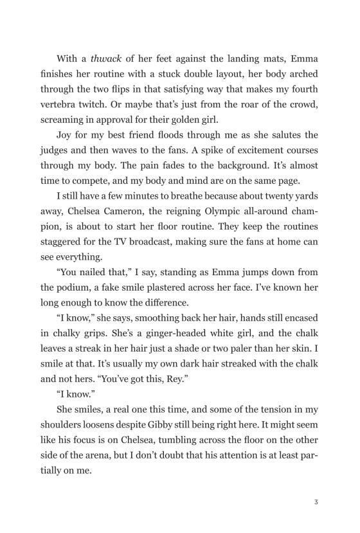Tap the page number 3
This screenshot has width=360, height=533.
click(317, 502)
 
